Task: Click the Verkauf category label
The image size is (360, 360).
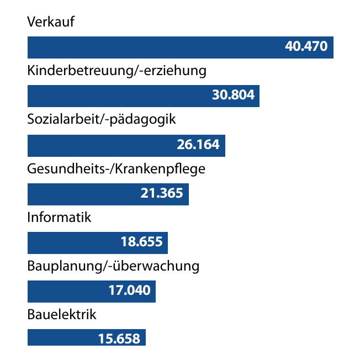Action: pyautogui.click(x=50, y=23)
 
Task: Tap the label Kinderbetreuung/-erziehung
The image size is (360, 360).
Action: pyautogui.click(x=117, y=71)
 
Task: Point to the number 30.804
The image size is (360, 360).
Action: pyautogui.click(x=233, y=96)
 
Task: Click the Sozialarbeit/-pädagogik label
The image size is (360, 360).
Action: pyautogui.click(x=101, y=119)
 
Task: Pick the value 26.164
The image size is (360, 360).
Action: pyautogui.click(x=198, y=145)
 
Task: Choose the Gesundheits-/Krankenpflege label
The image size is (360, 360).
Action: pyautogui.click(x=116, y=168)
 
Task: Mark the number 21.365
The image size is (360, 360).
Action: pyautogui.click(x=161, y=193)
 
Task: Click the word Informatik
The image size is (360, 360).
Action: pyautogui.click(x=59, y=217)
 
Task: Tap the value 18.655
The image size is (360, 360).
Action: pyautogui.click(x=141, y=242)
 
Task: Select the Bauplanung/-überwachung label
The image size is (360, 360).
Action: pyautogui.click(x=113, y=266)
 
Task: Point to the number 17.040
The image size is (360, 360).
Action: pyautogui.click(x=129, y=290)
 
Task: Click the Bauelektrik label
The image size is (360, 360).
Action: pyautogui.click(x=62, y=315)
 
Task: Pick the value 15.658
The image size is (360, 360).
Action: pyautogui.click(x=119, y=338)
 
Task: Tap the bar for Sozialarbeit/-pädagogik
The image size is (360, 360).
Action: pyautogui.click(x=99, y=145)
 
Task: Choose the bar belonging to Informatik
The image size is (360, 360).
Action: pyautogui.click(x=72, y=242)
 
